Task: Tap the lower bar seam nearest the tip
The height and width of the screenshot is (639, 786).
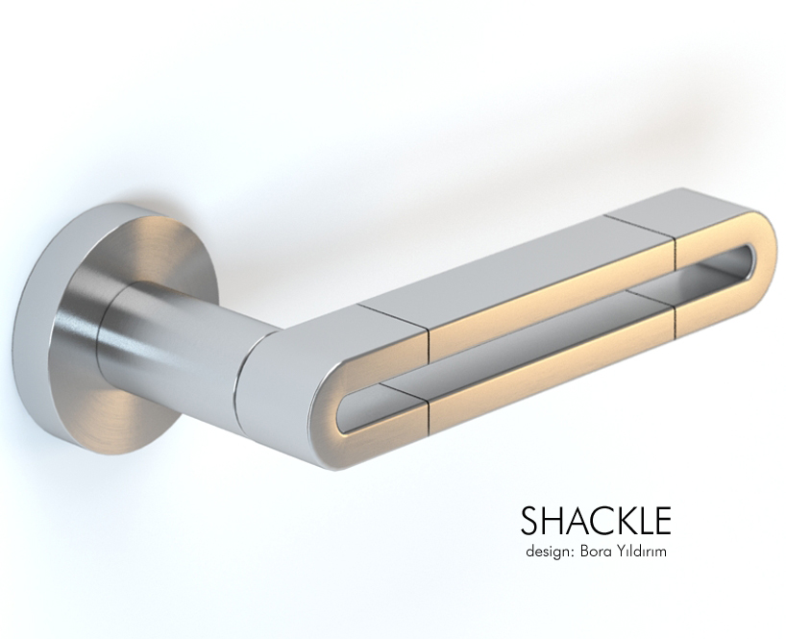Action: point(672,317)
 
